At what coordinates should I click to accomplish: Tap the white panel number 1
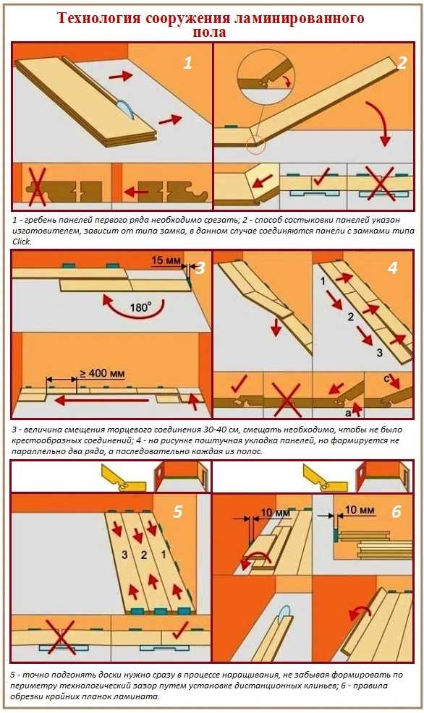(188, 63)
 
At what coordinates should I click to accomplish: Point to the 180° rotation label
(140, 308)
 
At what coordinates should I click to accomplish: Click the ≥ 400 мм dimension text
(102, 374)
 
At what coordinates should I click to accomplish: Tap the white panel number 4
(392, 268)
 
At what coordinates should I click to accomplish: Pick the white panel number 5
(177, 511)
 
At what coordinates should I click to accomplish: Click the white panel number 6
(397, 512)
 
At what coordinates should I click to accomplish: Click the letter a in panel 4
(347, 412)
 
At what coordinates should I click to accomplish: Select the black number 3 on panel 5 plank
(124, 555)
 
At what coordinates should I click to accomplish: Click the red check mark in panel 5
(181, 631)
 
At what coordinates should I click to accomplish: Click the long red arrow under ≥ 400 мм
(101, 400)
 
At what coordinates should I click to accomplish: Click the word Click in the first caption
(22, 242)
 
